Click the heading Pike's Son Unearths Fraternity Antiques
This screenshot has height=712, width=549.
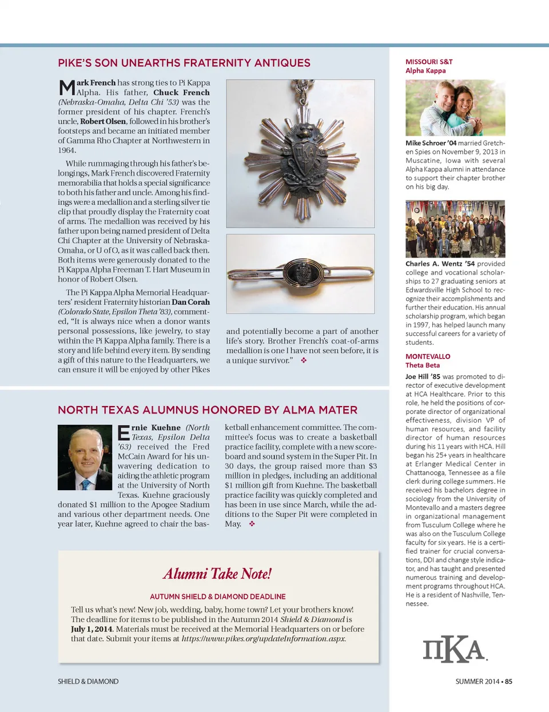(184, 63)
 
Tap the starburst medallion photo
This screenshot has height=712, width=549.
(300, 154)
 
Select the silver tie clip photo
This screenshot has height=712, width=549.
(300, 273)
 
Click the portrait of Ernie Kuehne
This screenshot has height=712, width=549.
(85, 457)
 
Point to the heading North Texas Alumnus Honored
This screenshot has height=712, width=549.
(208, 410)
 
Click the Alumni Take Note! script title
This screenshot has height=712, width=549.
(217, 574)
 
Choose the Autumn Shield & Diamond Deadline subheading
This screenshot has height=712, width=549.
(217, 596)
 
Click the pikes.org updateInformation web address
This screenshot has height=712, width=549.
(264, 639)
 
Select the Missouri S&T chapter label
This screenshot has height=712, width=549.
(429, 62)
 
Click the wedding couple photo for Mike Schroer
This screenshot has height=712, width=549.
(455, 108)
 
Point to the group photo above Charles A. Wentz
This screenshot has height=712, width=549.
(455, 229)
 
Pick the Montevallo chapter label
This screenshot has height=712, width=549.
(428, 356)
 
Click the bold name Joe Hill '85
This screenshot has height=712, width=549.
(423, 376)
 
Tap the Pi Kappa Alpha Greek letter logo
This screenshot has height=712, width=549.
(455, 649)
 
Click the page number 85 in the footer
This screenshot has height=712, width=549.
(508, 681)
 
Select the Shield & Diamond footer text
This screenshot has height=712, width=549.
(88, 681)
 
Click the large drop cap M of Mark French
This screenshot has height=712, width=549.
(67, 87)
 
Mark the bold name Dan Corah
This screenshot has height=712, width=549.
(190, 302)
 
